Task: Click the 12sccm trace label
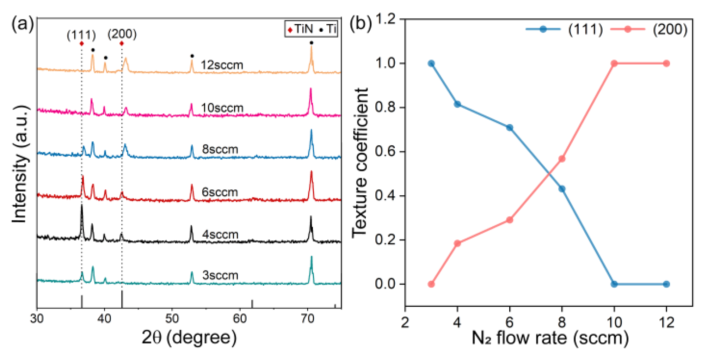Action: [x=222, y=65]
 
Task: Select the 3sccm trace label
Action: [x=220, y=275]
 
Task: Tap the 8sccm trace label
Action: [x=220, y=149]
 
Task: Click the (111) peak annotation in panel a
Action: [x=81, y=35]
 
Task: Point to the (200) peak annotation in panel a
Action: [x=122, y=34]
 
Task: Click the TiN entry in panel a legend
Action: [x=300, y=29]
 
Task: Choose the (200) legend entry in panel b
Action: [x=648, y=29]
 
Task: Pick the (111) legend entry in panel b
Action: [x=564, y=29]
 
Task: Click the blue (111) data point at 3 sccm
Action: [x=431, y=63]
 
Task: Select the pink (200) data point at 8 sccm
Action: [x=562, y=159]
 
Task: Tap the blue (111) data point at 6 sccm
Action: [x=510, y=128]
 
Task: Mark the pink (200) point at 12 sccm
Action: [x=666, y=63]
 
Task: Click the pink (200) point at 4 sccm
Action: [x=457, y=243]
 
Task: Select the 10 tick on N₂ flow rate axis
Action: [x=614, y=322]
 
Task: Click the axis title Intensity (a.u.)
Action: [x=20, y=164]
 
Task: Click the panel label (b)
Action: [x=360, y=24]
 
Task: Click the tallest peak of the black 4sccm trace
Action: [x=82, y=206]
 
